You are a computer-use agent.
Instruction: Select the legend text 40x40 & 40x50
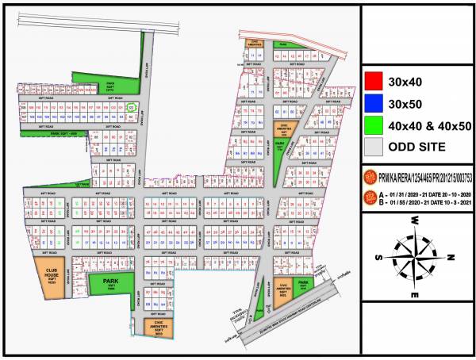tap(428, 124)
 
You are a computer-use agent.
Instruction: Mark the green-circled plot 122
tap(132, 107)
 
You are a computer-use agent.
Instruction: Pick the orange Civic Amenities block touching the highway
tap(282, 294)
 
